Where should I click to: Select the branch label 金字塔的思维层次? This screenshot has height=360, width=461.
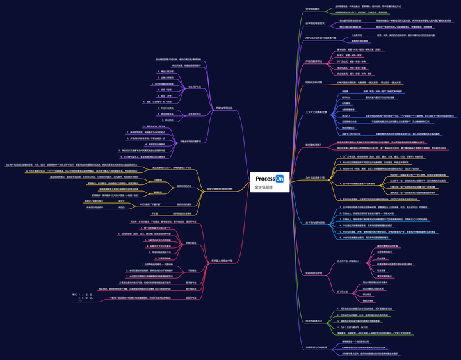pyautogui.click(x=315, y=23)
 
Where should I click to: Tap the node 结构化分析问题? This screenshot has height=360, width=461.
pyautogui.click(x=313, y=83)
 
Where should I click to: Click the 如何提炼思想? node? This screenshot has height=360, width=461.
pyautogui.click(x=314, y=145)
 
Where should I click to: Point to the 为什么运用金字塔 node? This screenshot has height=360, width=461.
pyautogui.click(x=314, y=177)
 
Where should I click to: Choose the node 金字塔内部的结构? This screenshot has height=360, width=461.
pyautogui.click(x=315, y=222)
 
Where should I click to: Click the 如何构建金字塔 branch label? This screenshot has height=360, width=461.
pyautogui.click(x=314, y=273)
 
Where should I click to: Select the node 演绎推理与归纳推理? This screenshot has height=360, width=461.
pyautogui.click(x=316, y=347)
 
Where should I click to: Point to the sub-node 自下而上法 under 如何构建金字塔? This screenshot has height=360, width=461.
pyautogui.click(x=343, y=291)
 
